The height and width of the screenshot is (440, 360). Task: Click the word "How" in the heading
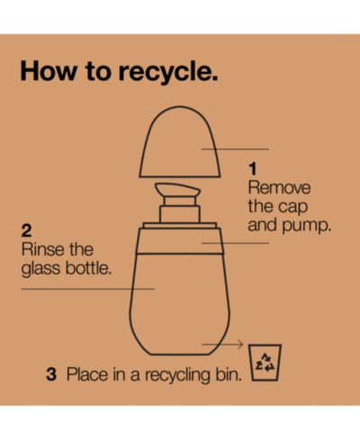(49, 71)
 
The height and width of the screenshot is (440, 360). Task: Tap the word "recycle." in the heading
(168, 74)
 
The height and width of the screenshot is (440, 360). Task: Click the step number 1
(253, 169)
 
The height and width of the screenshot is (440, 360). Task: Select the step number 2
(26, 231)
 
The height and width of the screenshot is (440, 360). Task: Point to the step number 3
(51, 374)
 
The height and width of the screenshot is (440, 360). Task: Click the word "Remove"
(279, 188)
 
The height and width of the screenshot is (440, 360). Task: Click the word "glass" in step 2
(40, 268)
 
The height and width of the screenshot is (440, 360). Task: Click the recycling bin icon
(265, 363)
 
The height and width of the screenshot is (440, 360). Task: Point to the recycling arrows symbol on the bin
(265, 362)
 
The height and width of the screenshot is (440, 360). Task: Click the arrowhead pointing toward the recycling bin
(240, 345)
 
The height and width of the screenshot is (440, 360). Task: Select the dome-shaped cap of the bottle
(180, 142)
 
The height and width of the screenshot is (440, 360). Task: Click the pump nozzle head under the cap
(177, 189)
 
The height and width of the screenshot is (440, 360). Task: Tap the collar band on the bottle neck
(180, 241)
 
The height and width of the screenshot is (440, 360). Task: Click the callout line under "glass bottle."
(88, 289)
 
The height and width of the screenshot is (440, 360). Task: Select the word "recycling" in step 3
(178, 375)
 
